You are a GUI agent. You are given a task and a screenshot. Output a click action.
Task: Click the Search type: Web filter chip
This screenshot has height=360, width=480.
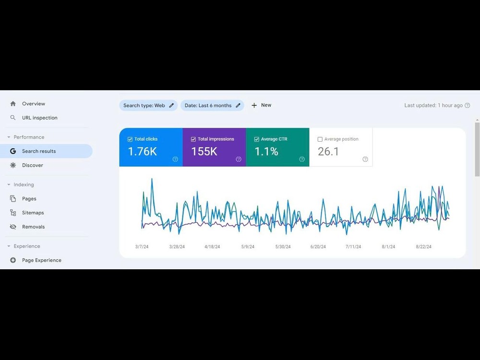pos(148,105)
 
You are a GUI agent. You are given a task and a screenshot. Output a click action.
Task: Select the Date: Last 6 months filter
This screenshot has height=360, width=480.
pos(212,105)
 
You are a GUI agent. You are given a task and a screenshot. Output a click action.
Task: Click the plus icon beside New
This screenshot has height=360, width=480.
pos(254,105)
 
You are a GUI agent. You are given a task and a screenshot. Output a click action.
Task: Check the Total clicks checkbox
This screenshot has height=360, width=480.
pos(130,139)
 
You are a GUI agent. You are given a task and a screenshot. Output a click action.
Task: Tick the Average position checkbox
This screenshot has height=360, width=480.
pos(320,139)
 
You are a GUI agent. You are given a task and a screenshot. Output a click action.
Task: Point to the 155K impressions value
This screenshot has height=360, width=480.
pos(204,152)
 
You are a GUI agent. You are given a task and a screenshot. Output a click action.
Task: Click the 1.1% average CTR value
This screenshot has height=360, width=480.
pos(266,152)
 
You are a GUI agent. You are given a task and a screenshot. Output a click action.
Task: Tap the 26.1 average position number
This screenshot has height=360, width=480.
pos(328,152)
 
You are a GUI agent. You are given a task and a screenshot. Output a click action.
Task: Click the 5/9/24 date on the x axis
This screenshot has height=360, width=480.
pos(248,247)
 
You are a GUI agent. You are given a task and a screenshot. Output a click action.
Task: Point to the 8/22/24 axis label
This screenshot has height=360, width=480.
pos(424,247)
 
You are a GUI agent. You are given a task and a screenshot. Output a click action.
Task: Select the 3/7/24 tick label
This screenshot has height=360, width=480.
pos(142,247)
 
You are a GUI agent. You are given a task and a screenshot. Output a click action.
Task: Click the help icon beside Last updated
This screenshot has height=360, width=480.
pos(467,105)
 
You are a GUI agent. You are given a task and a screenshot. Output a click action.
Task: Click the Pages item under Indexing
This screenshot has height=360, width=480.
pos(29,199)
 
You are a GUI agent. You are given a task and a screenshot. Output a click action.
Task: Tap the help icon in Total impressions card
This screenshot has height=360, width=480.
pos(239,159)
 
